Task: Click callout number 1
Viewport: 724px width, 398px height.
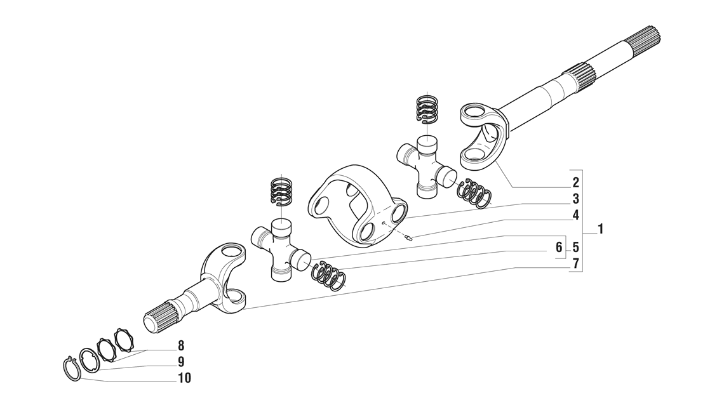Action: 600,229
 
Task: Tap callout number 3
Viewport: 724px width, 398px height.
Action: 575,199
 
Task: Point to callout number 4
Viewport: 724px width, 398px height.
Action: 575,215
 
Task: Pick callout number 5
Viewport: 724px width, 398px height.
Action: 575,246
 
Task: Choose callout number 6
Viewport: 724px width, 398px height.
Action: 559,246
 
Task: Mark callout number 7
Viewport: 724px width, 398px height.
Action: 575,263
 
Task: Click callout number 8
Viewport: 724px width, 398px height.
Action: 181,346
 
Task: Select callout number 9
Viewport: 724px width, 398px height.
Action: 181,362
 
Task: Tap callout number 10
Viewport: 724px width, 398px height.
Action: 184,379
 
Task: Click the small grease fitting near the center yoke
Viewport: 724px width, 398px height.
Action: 409,238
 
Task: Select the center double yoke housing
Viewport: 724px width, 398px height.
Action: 356,206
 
